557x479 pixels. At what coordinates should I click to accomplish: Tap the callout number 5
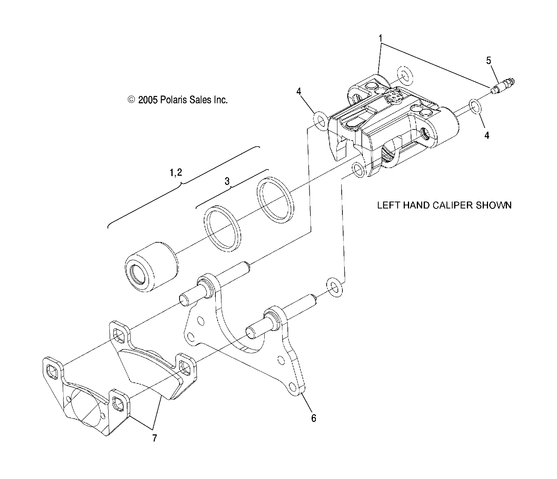coord(489,61)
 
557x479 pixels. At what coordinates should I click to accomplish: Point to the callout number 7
coord(154,438)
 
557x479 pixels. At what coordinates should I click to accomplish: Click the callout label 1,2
coord(176,173)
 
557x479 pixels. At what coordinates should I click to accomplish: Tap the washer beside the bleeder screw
coord(475,107)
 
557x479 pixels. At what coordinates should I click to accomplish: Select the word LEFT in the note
coord(388,205)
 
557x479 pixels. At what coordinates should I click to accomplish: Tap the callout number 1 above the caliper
coord(380,38)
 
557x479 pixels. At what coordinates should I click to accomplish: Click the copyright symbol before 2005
coord(131,100)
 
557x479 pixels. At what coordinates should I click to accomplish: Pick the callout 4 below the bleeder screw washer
coord(487,135)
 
